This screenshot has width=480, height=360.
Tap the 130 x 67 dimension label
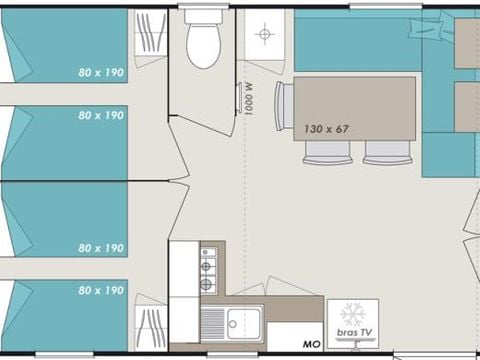pos(326,129)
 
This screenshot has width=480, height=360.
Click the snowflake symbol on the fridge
pos(353,314)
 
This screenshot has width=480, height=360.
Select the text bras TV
pos(354,332)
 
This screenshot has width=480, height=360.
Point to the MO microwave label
pos(312,344)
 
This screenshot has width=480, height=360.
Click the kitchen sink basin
pos(243,323)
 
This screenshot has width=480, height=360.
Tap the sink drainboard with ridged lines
pos(213,323)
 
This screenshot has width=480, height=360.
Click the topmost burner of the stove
pos(205,252)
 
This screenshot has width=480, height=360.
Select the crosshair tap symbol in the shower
pos(265,34)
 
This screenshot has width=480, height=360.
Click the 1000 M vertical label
pos(249,99)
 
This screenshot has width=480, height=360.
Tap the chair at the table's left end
pos(284,106)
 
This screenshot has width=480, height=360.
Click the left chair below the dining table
pos(328,153)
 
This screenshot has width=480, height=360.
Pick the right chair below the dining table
pos(388,153)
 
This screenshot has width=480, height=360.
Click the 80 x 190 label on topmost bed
pos(101,72)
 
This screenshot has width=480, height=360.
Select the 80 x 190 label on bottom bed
pos(101,290)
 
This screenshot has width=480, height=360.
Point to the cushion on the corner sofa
pos(426,26)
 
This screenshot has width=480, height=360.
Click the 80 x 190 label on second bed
pos(101,115)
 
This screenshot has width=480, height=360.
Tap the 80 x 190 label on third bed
pos(101,248)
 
